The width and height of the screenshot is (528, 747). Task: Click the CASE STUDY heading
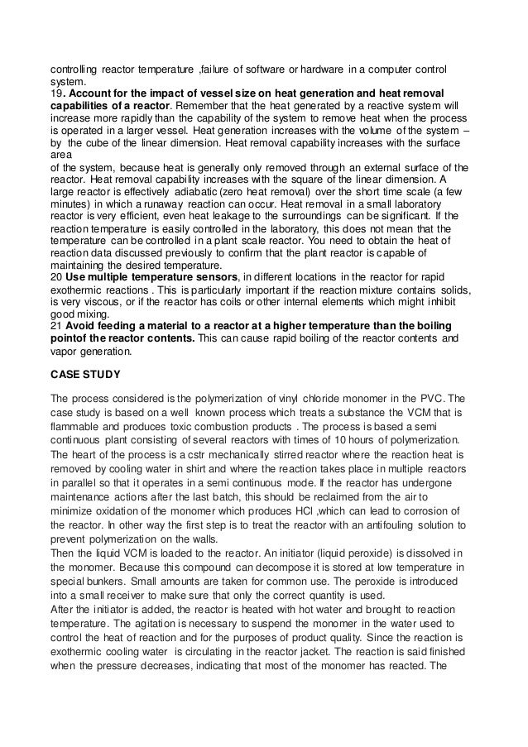85,375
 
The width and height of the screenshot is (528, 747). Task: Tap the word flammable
74,428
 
